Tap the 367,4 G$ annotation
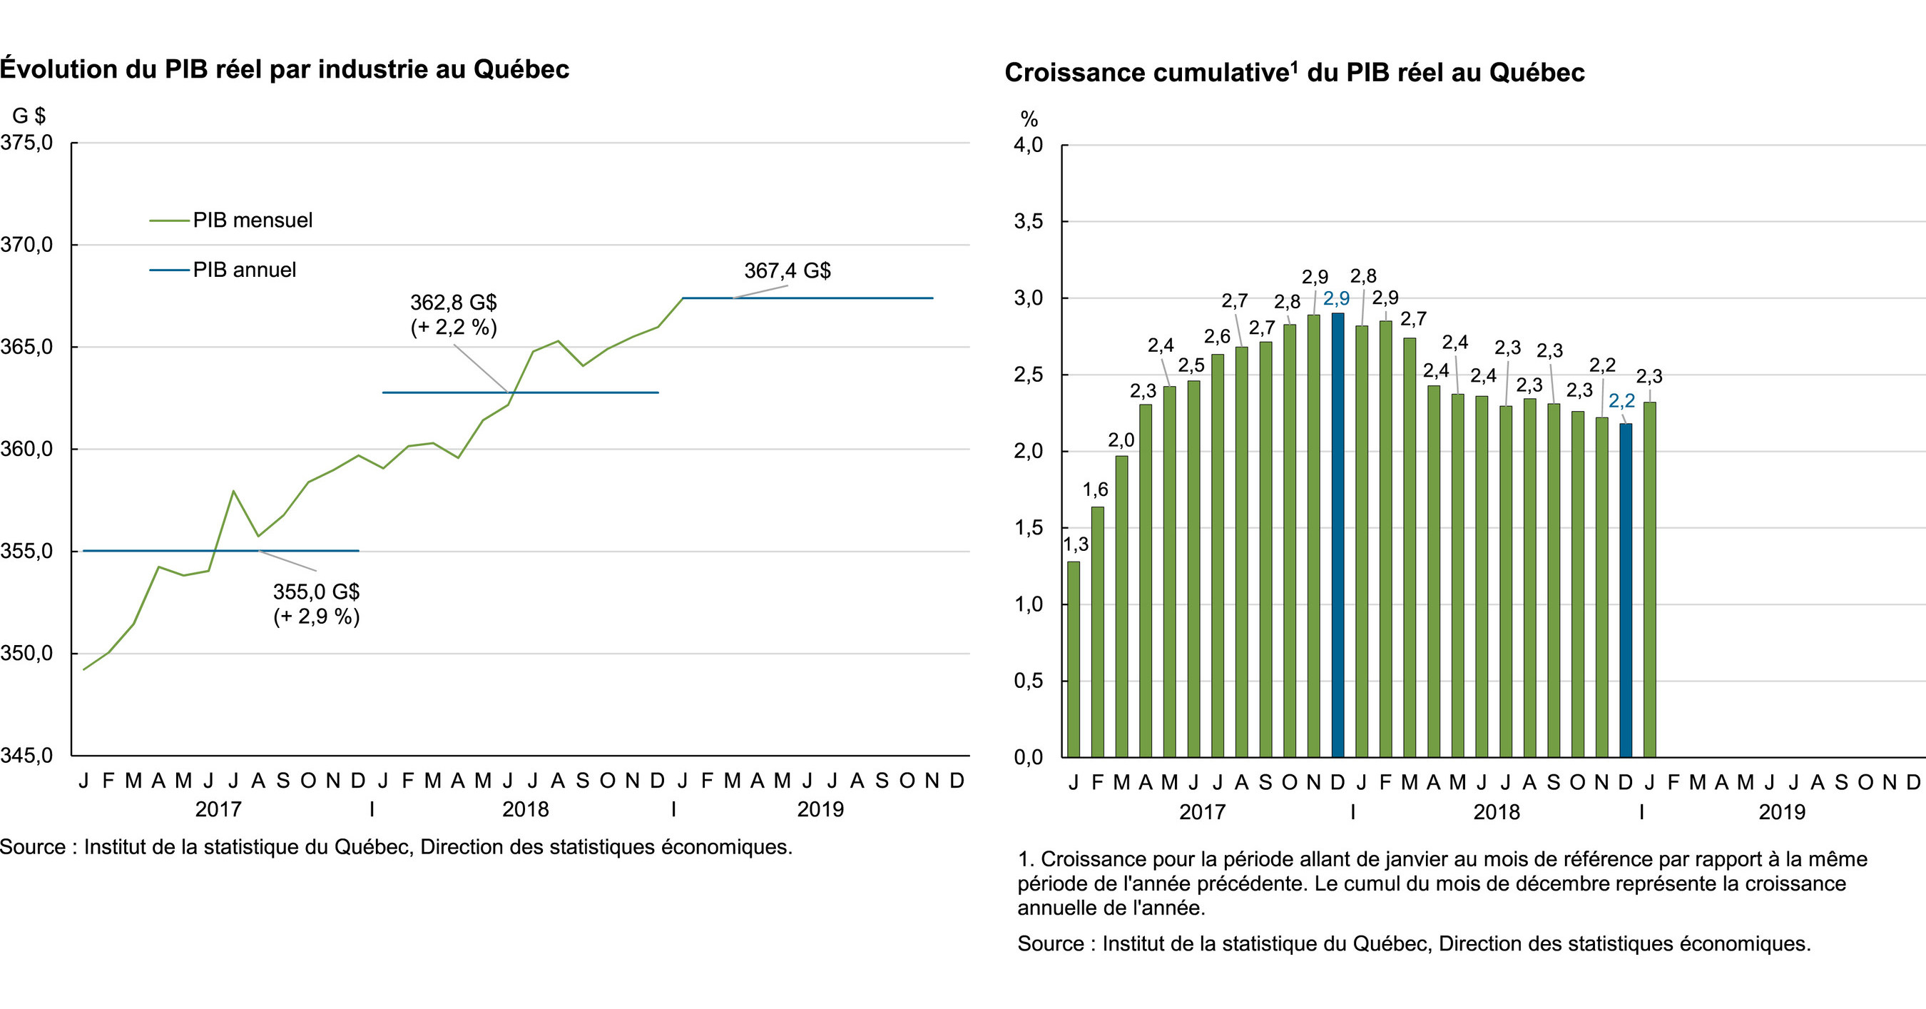pyautogui.click(x=787, y=270)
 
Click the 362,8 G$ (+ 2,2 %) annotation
pyautogui.click(x=453, y=314)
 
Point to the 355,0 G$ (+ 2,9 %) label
pyautogui.click(x=316, y=604)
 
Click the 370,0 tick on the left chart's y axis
pyautogui.click(x=28, y=245)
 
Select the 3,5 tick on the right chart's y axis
pyautogui.click(x=1028, y=221)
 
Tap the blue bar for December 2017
pyautogui.click(x=1337, y=534)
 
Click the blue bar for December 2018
pyautogui.click(x=1626, y=590)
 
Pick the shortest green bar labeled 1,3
pyautogui.click(x=1074, y=658)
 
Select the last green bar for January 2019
pyautogui.click(x=1649, y=579)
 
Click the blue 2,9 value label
pyautogui.click(x=1336, y=298)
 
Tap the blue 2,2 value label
pyautogui.click(x=1621, y=401)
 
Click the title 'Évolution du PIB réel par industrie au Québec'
pyautogui.click(x=285, y=69)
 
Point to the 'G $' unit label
pyautogui.click(x=29, y=115)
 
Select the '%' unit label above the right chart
pyautogui.click(x=1029, y=119)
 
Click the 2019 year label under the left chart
pyautogui.click(x=820, y=809)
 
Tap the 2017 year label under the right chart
pyautogui.click(x=1202, y=811)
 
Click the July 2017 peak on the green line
pyautogui.click(x=233, y=492)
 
